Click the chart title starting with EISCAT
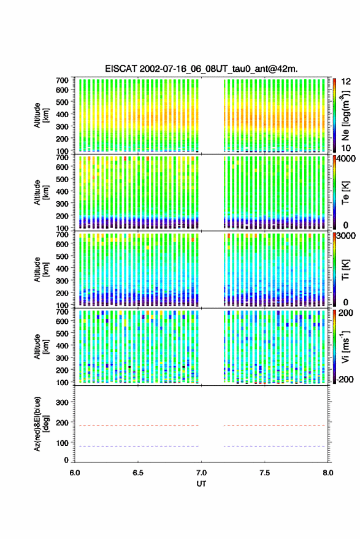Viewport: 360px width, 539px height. tap(201, 69)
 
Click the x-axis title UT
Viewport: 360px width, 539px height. tap(201, 484)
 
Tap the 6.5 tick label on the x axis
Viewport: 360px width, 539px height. tap(138, 473)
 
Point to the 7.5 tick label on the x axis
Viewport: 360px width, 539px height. tap(264, 473)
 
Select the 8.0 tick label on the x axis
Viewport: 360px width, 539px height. tap(327, 473)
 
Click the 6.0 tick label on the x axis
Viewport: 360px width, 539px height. tap(75, 473)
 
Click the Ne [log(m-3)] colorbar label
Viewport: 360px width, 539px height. tap(345, 115)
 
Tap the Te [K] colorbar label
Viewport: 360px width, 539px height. tap(345, 193)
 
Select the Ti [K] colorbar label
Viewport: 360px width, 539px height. tap(345, 270)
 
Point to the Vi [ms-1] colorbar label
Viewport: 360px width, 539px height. tap(345, 347)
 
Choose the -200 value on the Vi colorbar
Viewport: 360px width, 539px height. tap(344, 379)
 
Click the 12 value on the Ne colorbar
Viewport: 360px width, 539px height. tap(347, 82)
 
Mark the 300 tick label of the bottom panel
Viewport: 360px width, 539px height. tap(62, 402)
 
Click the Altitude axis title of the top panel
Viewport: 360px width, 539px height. tap(41, 115)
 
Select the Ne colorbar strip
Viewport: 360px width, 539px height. tap(334, 115)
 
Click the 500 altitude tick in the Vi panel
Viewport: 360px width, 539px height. tap(62, 333)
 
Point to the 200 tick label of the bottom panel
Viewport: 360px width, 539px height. tap(62, 423)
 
